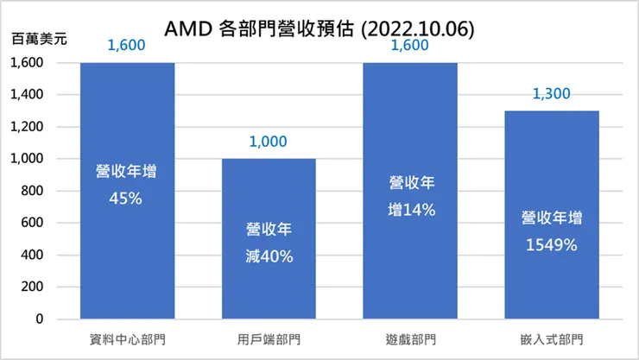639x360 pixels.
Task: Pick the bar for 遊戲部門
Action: click(x=410, y=259)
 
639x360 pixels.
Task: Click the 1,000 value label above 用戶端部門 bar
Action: click(x=269, y=142)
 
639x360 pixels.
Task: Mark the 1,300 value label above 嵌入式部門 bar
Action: click(x=552, y=95)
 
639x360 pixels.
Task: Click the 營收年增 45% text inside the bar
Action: click(x=127, y=184)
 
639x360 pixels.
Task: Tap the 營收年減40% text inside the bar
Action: click(x=269, y=243)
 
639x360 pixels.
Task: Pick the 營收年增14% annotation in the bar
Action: click(x=410, y=196)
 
